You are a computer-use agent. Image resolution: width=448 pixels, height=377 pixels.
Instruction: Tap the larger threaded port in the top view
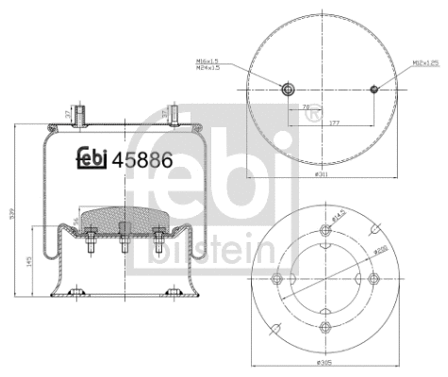pyautogui.click(x=287, y=90)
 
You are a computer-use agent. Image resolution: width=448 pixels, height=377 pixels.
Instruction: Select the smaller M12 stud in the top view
pyautogui.click(x=374, y=90)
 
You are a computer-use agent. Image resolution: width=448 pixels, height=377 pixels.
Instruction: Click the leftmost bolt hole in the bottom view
pyautogui.click(x=277, y=278)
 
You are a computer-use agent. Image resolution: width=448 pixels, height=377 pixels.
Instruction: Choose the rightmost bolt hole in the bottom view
pyautogui.click(x=373, y=278)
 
